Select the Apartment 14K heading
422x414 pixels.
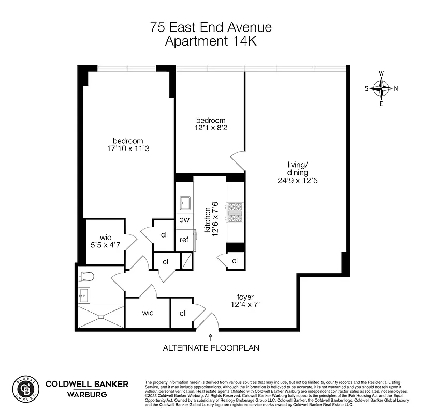[211, 41]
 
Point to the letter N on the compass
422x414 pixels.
[396, 88]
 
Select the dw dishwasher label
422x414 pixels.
[184, 219]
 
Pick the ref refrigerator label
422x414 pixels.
[184, 240]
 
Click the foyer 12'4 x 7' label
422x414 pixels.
[245, 301]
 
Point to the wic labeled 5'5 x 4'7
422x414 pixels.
[106, 241]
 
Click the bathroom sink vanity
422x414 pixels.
[84, 295]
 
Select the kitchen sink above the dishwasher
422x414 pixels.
[185, 202]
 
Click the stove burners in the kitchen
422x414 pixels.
[236, 212]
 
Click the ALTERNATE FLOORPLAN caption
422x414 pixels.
[211, 348]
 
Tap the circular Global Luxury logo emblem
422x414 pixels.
[25, 388]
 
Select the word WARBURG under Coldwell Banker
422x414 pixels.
[87, 395]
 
